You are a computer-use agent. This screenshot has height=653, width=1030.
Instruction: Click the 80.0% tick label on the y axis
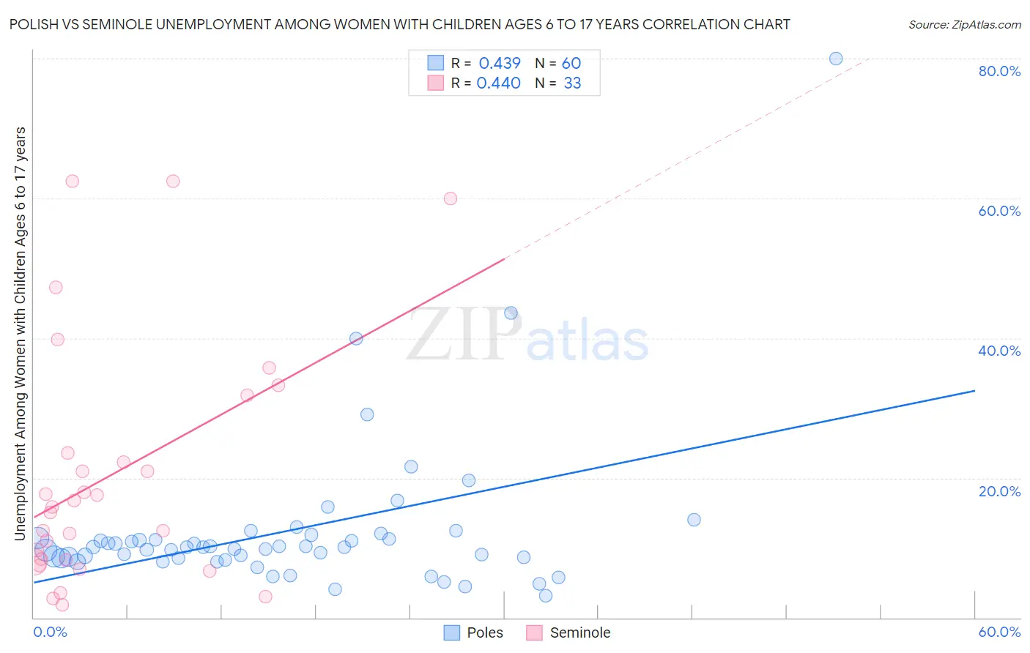coord(999,71)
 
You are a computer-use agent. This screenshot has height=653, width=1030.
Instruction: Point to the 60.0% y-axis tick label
coord(999,211)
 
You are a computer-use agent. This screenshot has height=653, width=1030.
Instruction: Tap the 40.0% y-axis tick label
coord(999,351)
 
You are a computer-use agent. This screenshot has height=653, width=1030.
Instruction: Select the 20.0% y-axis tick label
coord(999,491)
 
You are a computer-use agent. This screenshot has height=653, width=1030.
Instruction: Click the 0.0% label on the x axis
coord(51,632)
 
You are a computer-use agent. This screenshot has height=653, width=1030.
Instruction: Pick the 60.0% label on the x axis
coord(999,632)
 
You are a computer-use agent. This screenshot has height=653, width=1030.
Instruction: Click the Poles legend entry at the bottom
coord(474,633)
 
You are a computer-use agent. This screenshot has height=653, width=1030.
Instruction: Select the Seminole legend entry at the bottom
coord(568,633)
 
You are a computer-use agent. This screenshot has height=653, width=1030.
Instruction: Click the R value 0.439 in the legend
coord(500,64)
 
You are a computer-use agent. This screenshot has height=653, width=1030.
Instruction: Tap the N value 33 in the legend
coord(572,83)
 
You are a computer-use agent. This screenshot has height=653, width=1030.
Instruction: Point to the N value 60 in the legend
coord(571,64)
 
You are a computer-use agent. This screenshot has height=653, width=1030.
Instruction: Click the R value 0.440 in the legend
coord(499,83)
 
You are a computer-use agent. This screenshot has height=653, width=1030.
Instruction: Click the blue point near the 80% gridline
coord(836,59)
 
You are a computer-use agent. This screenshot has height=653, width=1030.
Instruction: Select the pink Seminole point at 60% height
coord(451,198)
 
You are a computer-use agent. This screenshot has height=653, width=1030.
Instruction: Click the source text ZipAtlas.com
coord(964,25)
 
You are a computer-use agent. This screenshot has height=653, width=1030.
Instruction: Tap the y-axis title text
coord(21,334)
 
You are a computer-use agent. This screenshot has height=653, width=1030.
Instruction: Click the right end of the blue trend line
coord(974,391)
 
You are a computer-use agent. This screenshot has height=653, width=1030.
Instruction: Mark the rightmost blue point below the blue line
coord(694,520)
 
